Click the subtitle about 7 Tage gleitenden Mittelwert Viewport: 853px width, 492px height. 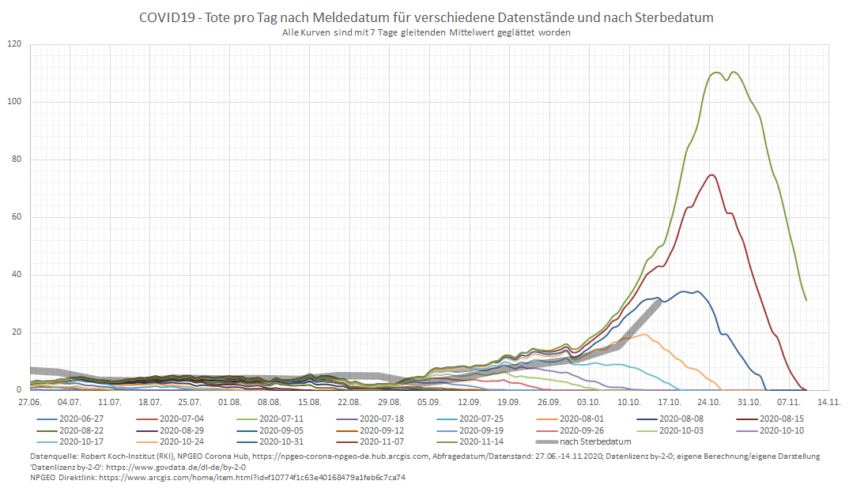pyautogui.click(x=426, y=32)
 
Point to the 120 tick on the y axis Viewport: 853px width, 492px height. pyautogui.click(x=14, y=44)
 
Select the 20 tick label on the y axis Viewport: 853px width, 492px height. pyautogui.click(x=17, y=332)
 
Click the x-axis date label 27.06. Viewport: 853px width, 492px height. pyautogui.click(x=30, y=402)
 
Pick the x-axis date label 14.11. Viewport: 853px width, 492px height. pyautogui.click(x=829, y=402)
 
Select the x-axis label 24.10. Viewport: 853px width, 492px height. pyautogui.click(x=708, y=402)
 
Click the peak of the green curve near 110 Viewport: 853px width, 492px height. pyautogui.click(x=717, y=73)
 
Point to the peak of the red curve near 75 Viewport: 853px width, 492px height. pyautogui.click(x=712, y=175)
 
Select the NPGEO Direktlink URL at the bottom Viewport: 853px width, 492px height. pyautogui.click(x=252, y=478)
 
